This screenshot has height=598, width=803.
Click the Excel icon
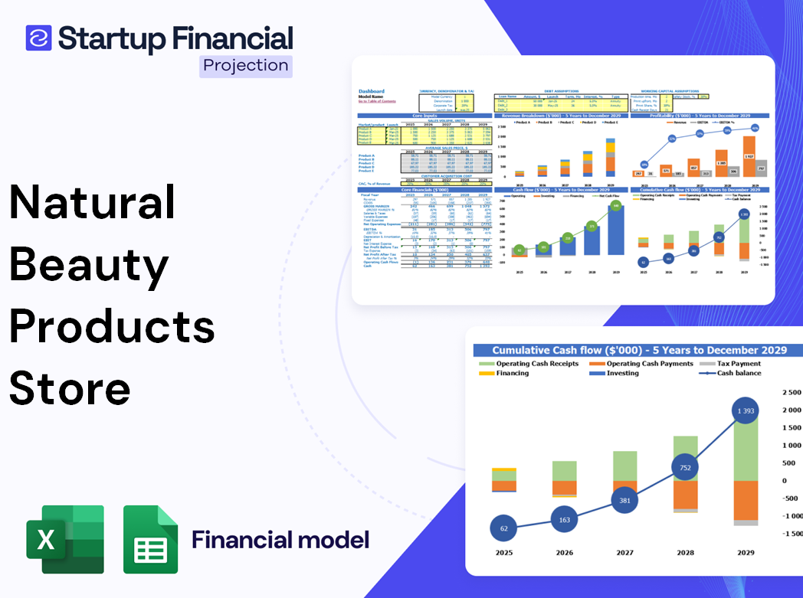pyautogui.click(x=65, y=539)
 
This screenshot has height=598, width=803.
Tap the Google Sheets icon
pyautogui.click(x=151, y=539)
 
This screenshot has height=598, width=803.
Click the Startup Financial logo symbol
pyautogui.click(x=38, y=38)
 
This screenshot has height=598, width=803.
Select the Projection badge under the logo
pyautogui.click(x=245, y=65)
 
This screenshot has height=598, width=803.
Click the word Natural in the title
pyautogui.click(x=92, y=204)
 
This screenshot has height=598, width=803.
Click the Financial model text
pyautogui.click(x=280, y=540)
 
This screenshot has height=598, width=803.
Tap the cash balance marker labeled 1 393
pyautogui.click(x=740, y=412)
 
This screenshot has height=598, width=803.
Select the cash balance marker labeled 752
pyautogui.click(x=685, y=468)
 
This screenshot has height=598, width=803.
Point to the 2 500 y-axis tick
pyautogui.click(x=789, y=392)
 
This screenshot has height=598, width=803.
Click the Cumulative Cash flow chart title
pyautogui.click(x=639, y=350)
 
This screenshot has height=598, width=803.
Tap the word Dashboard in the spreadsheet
pyautogui.click(x=372, y=91)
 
